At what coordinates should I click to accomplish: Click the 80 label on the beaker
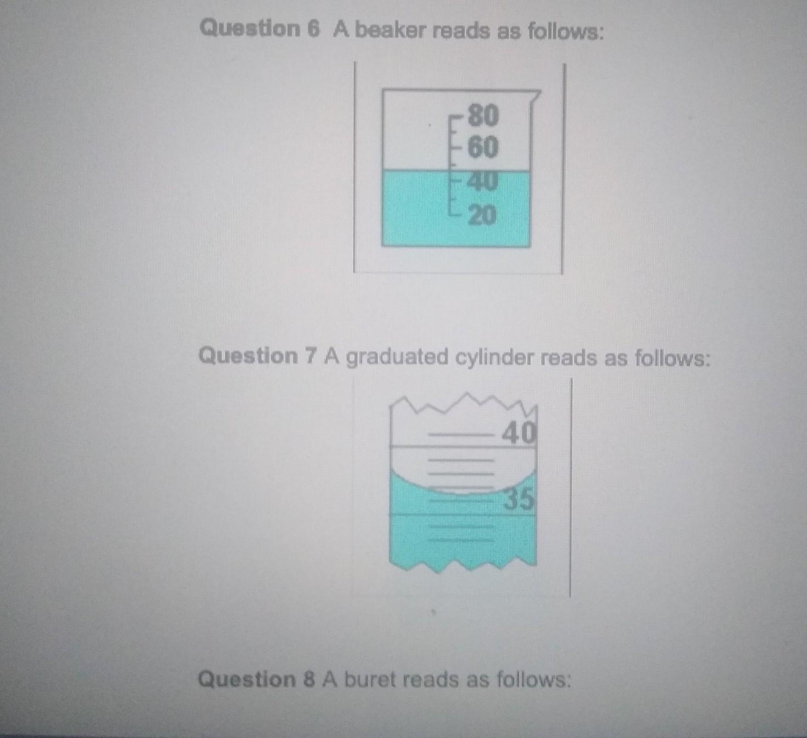coord(483,116)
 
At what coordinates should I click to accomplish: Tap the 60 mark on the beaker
coord(483,147)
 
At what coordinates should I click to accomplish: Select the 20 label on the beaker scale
coord(483,216)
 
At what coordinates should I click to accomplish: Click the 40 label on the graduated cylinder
coord(519,433)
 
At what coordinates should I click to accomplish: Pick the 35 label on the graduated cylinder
coord(519,499)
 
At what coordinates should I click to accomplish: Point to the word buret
coord(370,679)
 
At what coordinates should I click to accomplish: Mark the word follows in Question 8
coord(534,679)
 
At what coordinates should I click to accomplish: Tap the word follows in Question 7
coord(672,358)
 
